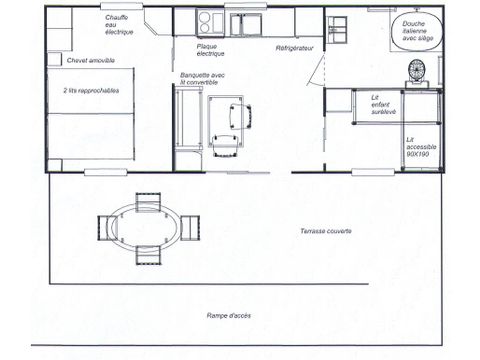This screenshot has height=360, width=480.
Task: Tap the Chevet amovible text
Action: (x=88, y=61)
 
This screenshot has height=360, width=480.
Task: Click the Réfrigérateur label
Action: (x=294, y=48)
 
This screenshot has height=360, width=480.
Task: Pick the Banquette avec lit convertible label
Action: (x=203, y=76)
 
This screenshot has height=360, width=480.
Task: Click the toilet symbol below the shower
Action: (x=417, y=71)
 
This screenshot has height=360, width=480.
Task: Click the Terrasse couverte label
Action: (x=325, y=231)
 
